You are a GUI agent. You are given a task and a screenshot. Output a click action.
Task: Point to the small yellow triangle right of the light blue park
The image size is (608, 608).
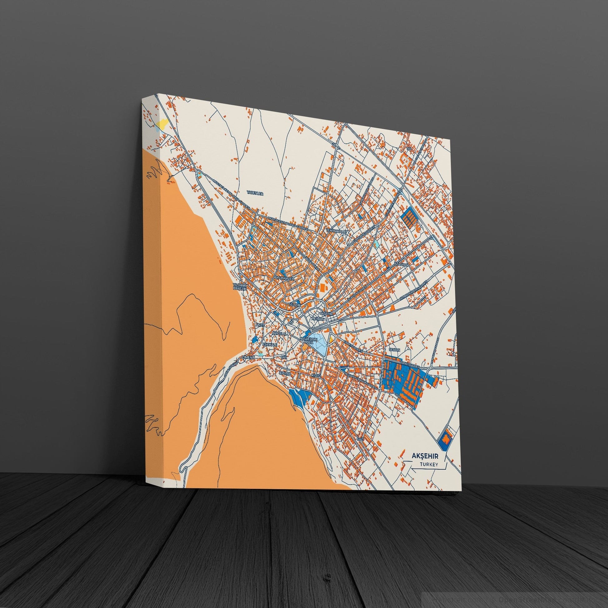[331, 339]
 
